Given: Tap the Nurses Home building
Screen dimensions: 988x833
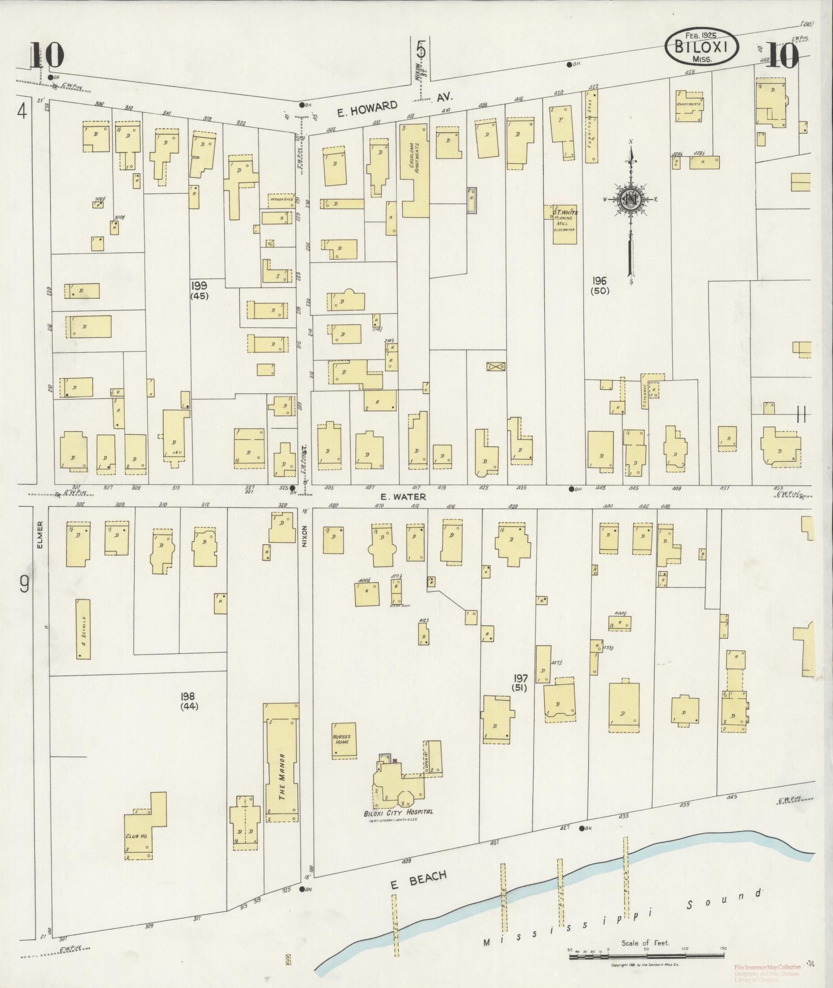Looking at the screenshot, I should point(343,740).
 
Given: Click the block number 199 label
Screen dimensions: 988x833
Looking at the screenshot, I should point(199,290).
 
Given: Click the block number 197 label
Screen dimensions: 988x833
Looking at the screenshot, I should point(520,682).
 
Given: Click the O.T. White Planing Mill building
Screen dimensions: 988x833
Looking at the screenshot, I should point(562,224).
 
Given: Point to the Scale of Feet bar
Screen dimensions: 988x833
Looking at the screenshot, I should point(646,957).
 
